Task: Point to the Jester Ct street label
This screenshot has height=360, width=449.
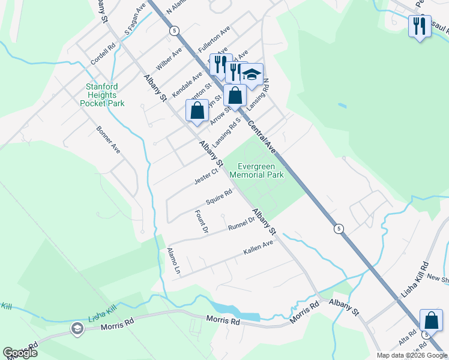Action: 206,176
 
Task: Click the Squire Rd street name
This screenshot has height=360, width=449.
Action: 218,197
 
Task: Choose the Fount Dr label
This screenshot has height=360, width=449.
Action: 201,221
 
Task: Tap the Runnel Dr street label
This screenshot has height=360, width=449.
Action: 241,224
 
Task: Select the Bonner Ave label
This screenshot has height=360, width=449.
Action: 108,139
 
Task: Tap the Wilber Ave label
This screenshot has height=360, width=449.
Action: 169,62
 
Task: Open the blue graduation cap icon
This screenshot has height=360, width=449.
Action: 252,74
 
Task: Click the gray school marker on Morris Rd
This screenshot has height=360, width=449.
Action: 77,328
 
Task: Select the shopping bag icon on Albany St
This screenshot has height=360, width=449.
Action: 197,110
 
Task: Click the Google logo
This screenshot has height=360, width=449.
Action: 20,353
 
